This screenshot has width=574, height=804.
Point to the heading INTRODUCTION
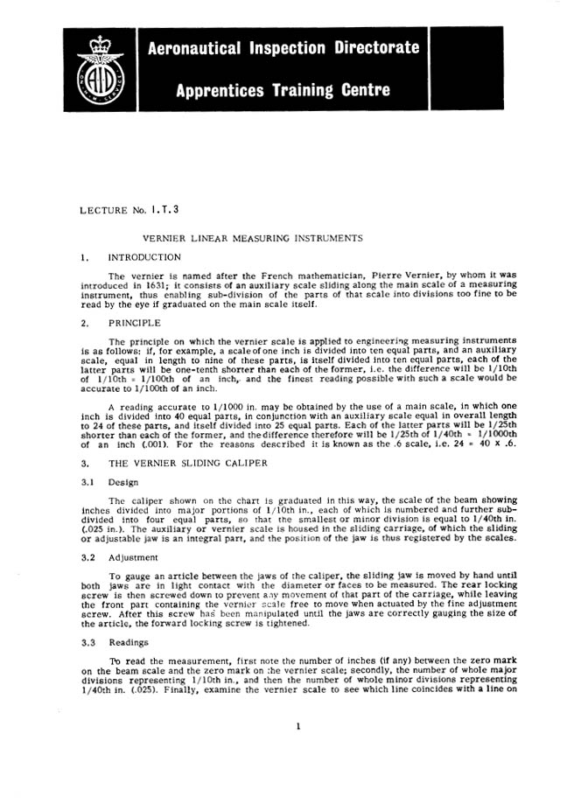pos(144,258)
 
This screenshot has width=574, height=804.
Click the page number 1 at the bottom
pos(298,749)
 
